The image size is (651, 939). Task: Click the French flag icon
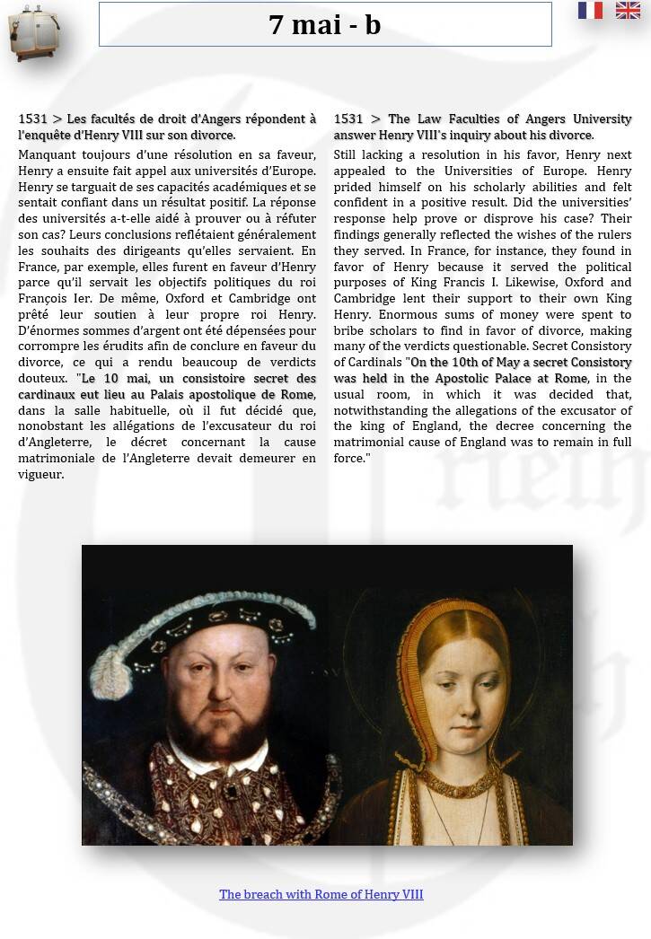click(x=590, y=11)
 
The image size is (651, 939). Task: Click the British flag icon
click(x=628, y=11)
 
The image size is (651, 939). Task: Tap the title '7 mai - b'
click(x=325, y=24)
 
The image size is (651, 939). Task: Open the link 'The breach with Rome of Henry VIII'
click(x=321, y=894)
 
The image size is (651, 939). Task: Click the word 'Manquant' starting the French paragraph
click(x=46, y=154)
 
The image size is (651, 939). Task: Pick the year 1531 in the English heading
click(x=347, y=118)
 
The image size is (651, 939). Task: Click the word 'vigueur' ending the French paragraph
click(x=40, y=474)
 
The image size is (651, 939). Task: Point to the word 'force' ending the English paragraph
click(x=350, y=458)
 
